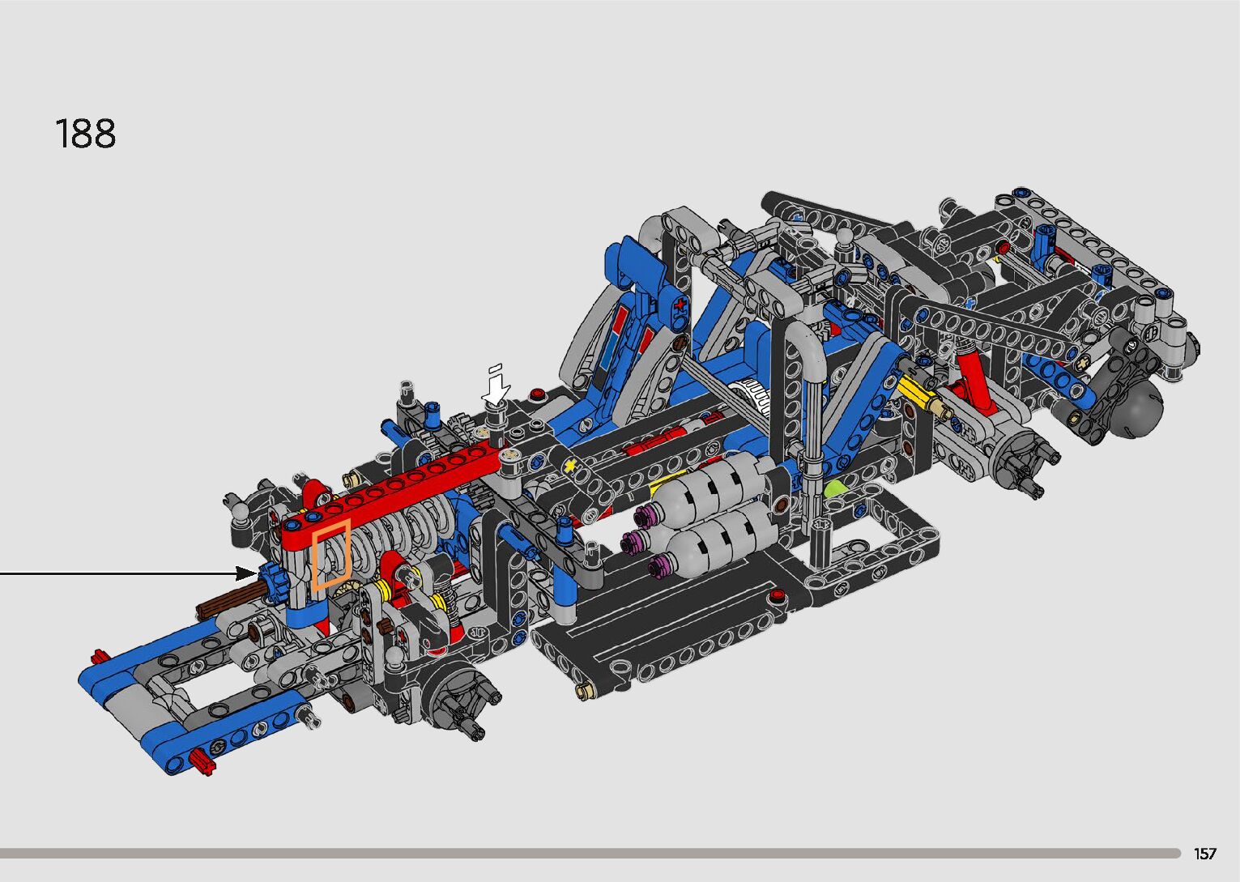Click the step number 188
tap(86, 134)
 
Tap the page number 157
tap(1204, 853)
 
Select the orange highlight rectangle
tap(331, 555)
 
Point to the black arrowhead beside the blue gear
tap(246, 573)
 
